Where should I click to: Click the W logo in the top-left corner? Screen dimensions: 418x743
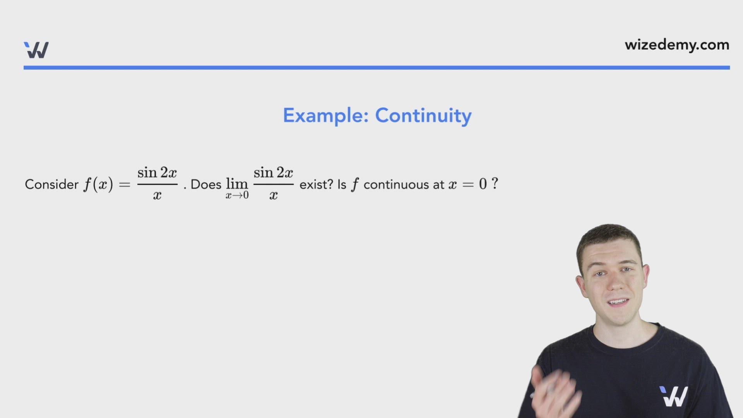click(x=36, y=50)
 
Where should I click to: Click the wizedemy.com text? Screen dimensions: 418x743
click(x=677, y=45)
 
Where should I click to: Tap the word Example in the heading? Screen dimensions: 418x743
click(x=325, y=116)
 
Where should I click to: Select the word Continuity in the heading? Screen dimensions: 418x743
click(x=423, y=116)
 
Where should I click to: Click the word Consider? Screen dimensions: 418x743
click(x=51, y=185)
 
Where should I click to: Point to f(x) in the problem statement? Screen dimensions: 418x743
click(x=98, y=184)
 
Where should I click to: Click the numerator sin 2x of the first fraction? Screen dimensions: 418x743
click(x=157, y=173)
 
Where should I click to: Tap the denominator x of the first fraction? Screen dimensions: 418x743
click(x=157, y=195)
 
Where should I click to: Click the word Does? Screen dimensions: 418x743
click(x=206, y=185)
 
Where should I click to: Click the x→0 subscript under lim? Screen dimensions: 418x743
click(x=237, y=195)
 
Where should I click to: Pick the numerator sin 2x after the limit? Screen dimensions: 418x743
click(x=273, y=173)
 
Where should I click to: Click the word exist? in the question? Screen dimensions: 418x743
click(x=316, y=185)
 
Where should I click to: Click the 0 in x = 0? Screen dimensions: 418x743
click(x=483, y=184)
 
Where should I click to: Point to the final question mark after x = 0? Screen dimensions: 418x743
click(x=495, y=183)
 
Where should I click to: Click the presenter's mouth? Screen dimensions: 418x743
click(x=618, y=302)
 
